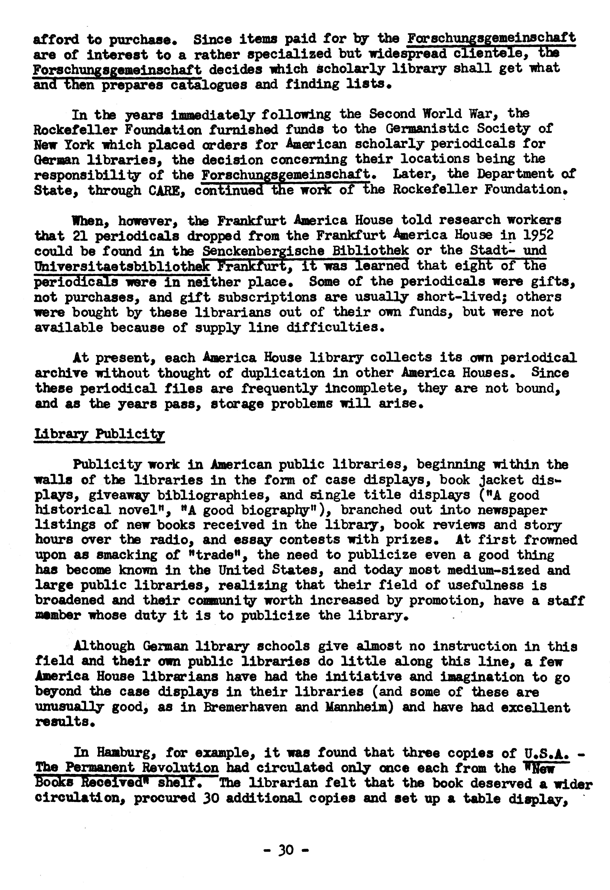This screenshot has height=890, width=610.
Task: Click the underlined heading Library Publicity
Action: pyautogui.click(x=99, y=434)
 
